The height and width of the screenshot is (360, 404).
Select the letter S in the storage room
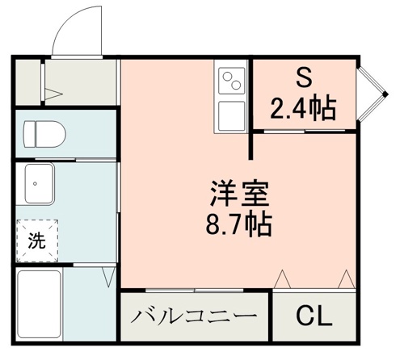[305, 78]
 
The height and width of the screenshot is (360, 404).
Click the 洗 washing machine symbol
[37, 240]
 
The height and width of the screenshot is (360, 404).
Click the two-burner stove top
[233, 82]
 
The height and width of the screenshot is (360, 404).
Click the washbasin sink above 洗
[38, 185]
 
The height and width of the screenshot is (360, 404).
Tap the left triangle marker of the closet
[282, 279]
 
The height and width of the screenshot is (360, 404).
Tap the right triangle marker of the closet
[346, 279]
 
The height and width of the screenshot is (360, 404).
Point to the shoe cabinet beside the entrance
[28, 81]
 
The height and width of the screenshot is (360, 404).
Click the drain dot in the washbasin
[36, 184]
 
